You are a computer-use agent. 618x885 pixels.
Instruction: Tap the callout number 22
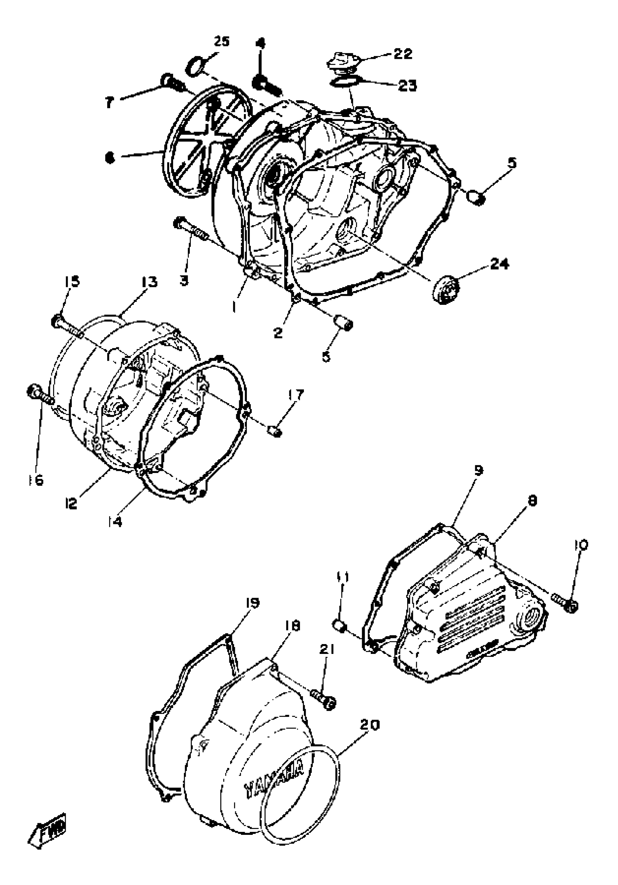coord(403,53)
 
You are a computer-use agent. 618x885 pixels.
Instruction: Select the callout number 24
coord(499,264)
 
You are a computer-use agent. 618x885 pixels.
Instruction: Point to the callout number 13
coord(149,282)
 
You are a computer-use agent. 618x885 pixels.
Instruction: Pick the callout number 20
coord(370,725)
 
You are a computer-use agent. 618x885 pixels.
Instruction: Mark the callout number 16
coord(36,480)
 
